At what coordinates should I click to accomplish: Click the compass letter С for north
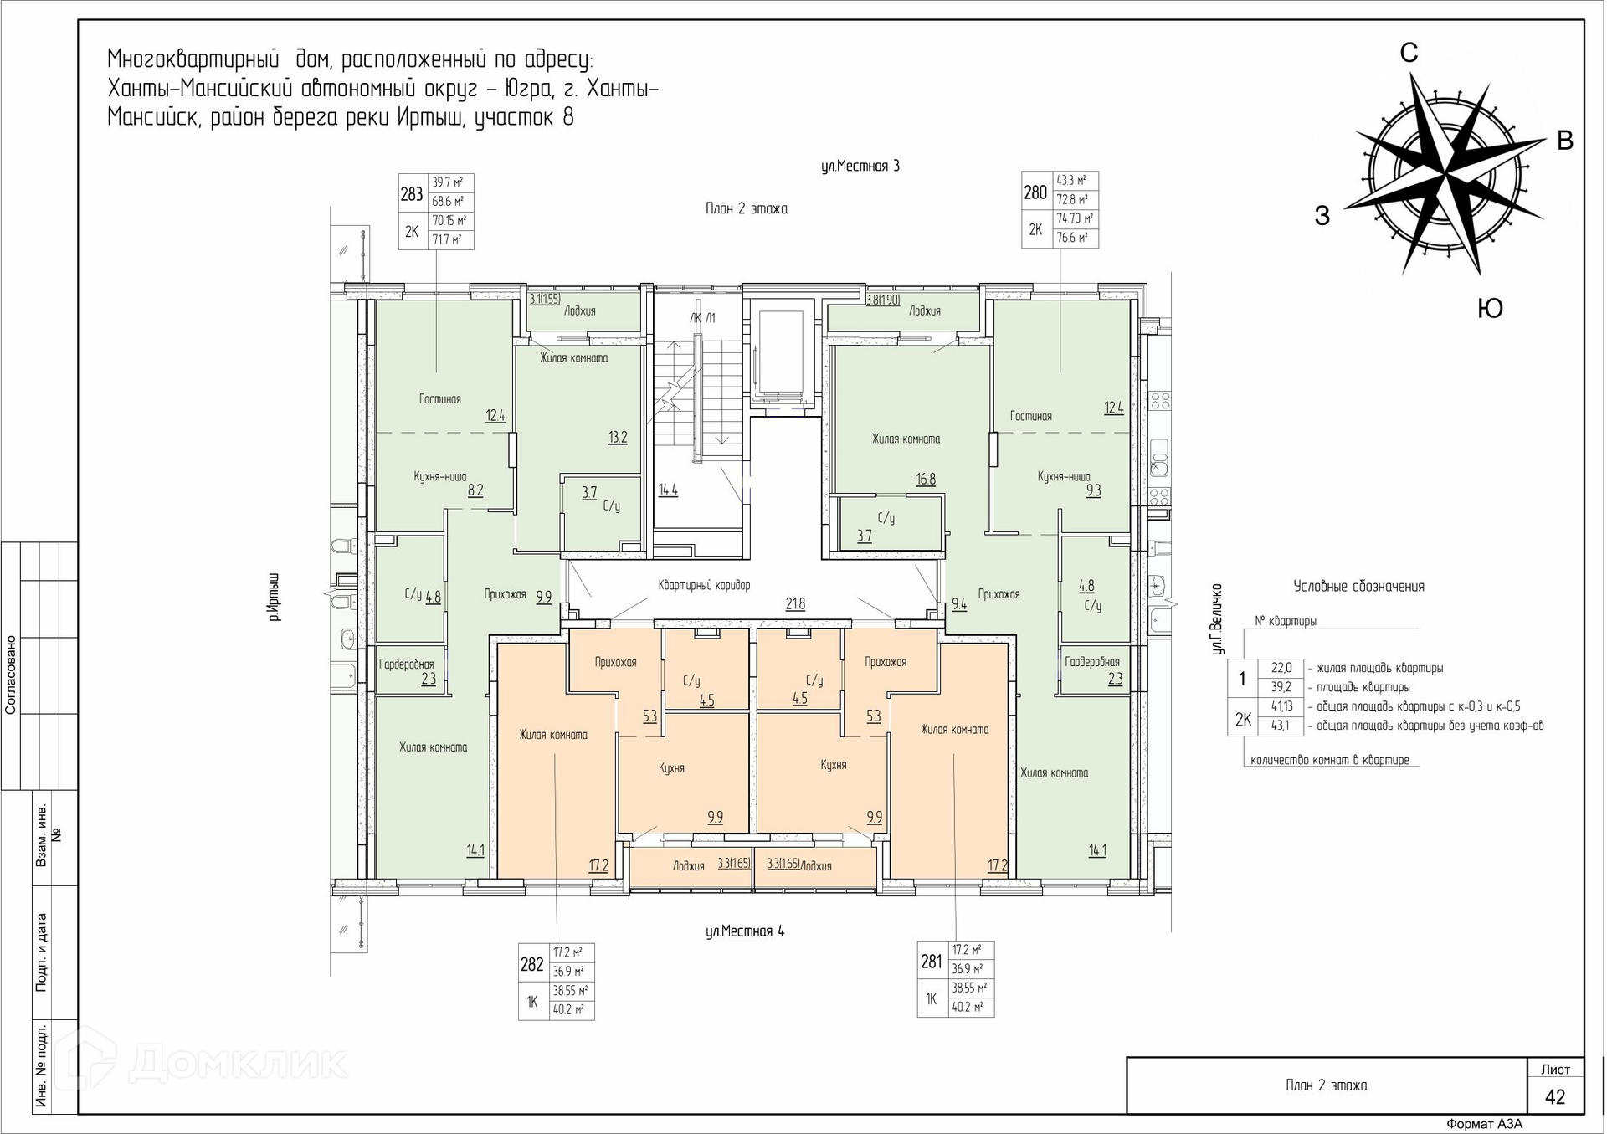pos(1409,53)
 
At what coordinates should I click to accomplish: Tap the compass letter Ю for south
pos(1490,309)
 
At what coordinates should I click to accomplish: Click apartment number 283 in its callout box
pos(412,194)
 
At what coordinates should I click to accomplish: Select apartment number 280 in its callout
pos(1035,192)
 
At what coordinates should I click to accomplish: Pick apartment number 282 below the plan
pos(532,964)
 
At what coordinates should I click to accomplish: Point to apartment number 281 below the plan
pos(931,962)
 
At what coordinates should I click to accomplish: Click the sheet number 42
pos(1555,1097)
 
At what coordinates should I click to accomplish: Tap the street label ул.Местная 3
pos(860,166)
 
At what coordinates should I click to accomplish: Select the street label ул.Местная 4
pos(745,931)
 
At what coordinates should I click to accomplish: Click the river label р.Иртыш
pos(275,597)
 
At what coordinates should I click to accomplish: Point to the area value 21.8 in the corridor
pos(795,603)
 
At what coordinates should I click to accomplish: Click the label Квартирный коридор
pos(704,586)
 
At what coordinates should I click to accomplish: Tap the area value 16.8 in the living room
pos(926,479)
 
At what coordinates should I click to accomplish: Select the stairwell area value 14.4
pos(668,490)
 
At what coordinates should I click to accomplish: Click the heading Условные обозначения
pos(1358,586)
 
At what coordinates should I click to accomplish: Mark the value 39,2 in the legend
pos(1281,687)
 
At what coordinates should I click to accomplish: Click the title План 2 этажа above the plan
pos(747,208)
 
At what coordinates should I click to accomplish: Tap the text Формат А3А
pos(1485,1124)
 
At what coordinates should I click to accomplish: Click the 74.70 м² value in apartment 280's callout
pos(1076,218)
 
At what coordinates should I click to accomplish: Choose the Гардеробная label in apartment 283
pos(407,664)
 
